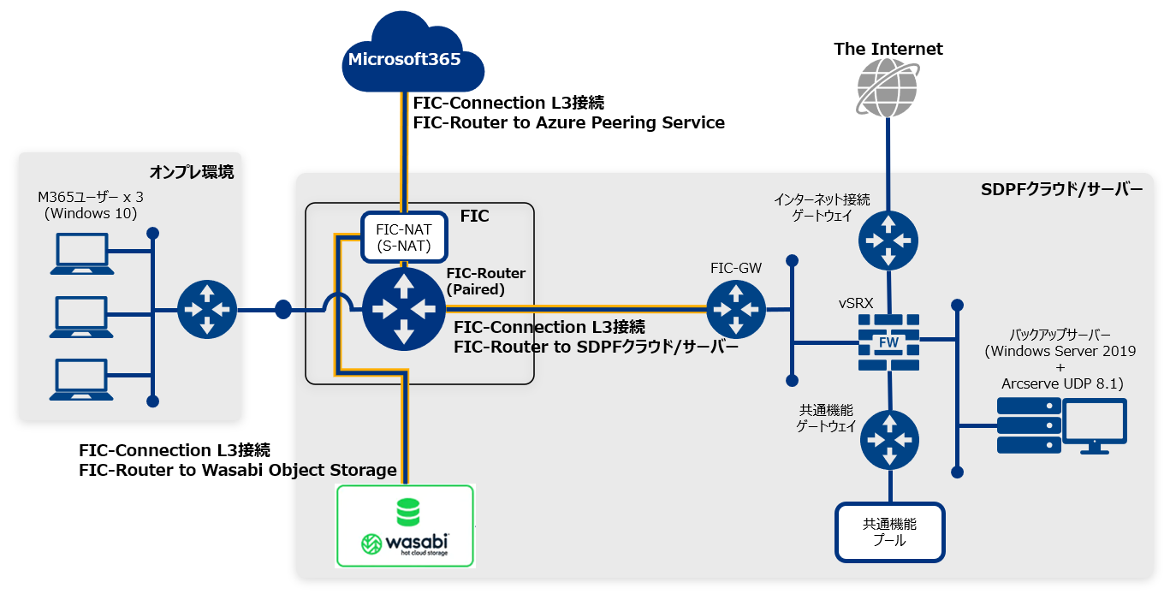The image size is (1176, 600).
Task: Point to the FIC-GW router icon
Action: coord(736,309)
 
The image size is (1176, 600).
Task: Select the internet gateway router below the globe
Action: coord(888,239)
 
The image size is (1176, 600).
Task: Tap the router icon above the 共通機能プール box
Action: coord(890,440)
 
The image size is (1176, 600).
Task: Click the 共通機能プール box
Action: coord(890,532)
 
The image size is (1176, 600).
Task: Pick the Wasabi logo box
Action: coord(405,526)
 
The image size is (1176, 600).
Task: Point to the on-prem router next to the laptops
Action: coord(207,308)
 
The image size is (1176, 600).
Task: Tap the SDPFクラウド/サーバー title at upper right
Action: coord(1061,190)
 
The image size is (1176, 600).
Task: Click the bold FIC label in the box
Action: coord(474,217)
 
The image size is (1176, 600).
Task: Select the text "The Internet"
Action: coord(888,49)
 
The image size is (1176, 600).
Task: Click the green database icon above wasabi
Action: coord(408,511)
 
